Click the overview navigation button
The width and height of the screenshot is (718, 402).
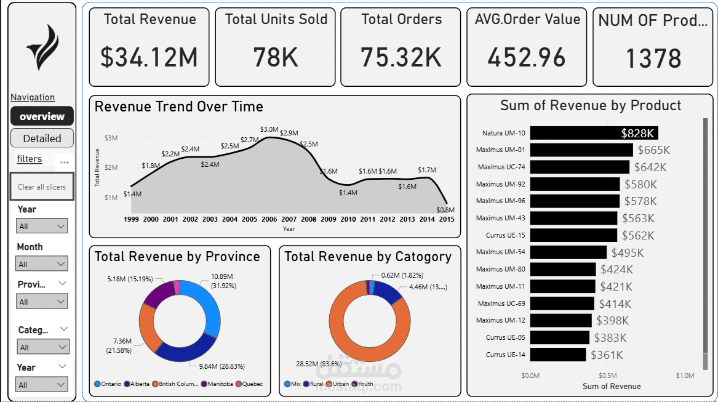(x=42, y=116)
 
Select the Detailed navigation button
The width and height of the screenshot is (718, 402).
(x=42, y=139)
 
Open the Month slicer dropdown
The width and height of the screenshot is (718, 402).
(x=42, y=264)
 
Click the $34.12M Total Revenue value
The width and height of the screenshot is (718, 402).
(x=150, y=57)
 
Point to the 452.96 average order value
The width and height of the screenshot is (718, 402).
(x=526, y=57)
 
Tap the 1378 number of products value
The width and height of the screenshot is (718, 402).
(x=653, y=58)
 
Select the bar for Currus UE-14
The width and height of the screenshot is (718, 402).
(x=558, y=355)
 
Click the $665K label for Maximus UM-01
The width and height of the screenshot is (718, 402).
(x=653, y=150)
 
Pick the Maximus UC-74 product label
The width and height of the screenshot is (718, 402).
(x=501, y=167)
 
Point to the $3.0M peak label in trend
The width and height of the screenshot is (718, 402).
(x=269, y=129)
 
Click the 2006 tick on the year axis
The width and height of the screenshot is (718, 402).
(x=269, y=219)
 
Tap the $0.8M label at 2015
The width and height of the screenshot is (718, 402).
(x=445, y=210)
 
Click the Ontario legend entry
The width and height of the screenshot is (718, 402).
(x=108, y=384)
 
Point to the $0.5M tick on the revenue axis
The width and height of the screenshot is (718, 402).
(x=607, y=376)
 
